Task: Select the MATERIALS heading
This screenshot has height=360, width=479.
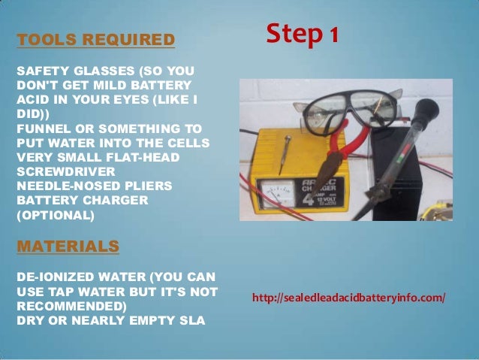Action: [68, 246]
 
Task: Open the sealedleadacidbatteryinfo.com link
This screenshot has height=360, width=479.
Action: [349, 298]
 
